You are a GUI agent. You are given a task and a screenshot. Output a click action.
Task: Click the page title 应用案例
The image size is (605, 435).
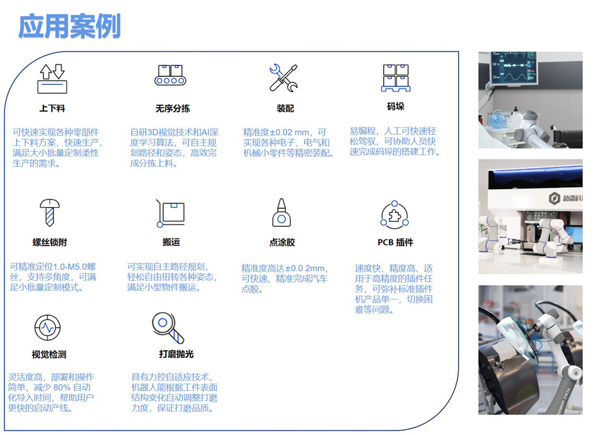coord(69,26)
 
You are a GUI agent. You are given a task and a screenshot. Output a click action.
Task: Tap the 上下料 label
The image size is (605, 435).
coord(52,108)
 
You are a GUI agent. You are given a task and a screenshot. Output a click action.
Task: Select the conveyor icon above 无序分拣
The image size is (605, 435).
coord(170,75)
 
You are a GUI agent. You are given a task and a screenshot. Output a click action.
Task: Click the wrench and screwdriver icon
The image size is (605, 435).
coord(283,78)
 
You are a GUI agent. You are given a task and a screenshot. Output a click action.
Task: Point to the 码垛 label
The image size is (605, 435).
coord(396,107)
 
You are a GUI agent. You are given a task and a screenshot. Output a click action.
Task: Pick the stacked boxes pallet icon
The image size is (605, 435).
coord(396,78)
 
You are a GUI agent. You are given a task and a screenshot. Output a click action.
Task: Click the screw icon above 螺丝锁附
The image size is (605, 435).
coord(50,212)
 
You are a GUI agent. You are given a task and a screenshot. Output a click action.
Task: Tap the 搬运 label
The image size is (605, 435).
coord(171,242)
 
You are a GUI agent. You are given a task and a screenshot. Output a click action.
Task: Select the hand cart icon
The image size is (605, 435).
coord(170,213)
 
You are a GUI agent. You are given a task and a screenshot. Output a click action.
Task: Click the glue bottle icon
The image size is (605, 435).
coord(282,212)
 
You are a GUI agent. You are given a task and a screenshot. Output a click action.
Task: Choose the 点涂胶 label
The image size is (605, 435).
coord(282,242)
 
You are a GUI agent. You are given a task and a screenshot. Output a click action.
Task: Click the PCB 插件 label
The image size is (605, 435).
coord(395,242)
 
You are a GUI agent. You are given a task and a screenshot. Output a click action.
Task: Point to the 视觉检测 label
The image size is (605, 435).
coord(49,354)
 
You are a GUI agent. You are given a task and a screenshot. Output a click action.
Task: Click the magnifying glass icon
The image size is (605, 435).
coord(168,328)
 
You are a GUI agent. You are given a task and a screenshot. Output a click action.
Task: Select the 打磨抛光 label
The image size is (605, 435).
coord(176,354)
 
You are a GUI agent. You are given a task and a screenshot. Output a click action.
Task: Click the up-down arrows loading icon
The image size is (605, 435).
coord(52,79)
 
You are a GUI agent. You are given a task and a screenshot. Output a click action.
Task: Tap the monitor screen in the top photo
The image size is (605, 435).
coord(514,68)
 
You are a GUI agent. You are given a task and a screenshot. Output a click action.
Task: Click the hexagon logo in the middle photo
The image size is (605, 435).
coord(555,199)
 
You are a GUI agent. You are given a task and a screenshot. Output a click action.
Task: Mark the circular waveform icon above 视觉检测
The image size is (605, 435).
coord(47,328)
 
